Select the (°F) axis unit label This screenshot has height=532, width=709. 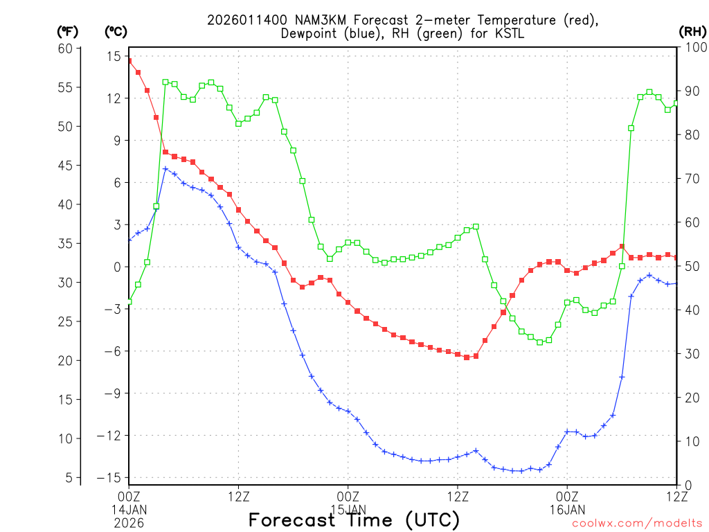[68, 31]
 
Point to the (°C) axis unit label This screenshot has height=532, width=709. [116, 31]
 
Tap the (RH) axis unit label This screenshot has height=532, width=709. [692, 31]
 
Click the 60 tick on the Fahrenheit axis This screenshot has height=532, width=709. [66, 48]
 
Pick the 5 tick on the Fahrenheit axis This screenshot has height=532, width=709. [69, 477]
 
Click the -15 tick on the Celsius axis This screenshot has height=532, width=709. [111, 478]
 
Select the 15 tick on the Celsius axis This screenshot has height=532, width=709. [114, 56]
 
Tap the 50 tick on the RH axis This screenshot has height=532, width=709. [690, 267]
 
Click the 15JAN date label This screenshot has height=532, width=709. [348, 510]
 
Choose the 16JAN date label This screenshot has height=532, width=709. [567, 510]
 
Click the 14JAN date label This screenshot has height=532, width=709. [129, 510]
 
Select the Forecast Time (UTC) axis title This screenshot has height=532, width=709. [354, 520]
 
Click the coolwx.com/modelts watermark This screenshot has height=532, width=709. [636, 524]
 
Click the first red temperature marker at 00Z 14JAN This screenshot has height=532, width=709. [129, 61]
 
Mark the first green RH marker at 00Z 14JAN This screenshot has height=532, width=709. [129, 301]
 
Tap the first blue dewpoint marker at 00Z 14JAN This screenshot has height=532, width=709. [129, 240]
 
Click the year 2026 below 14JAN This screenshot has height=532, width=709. [129, 523]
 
